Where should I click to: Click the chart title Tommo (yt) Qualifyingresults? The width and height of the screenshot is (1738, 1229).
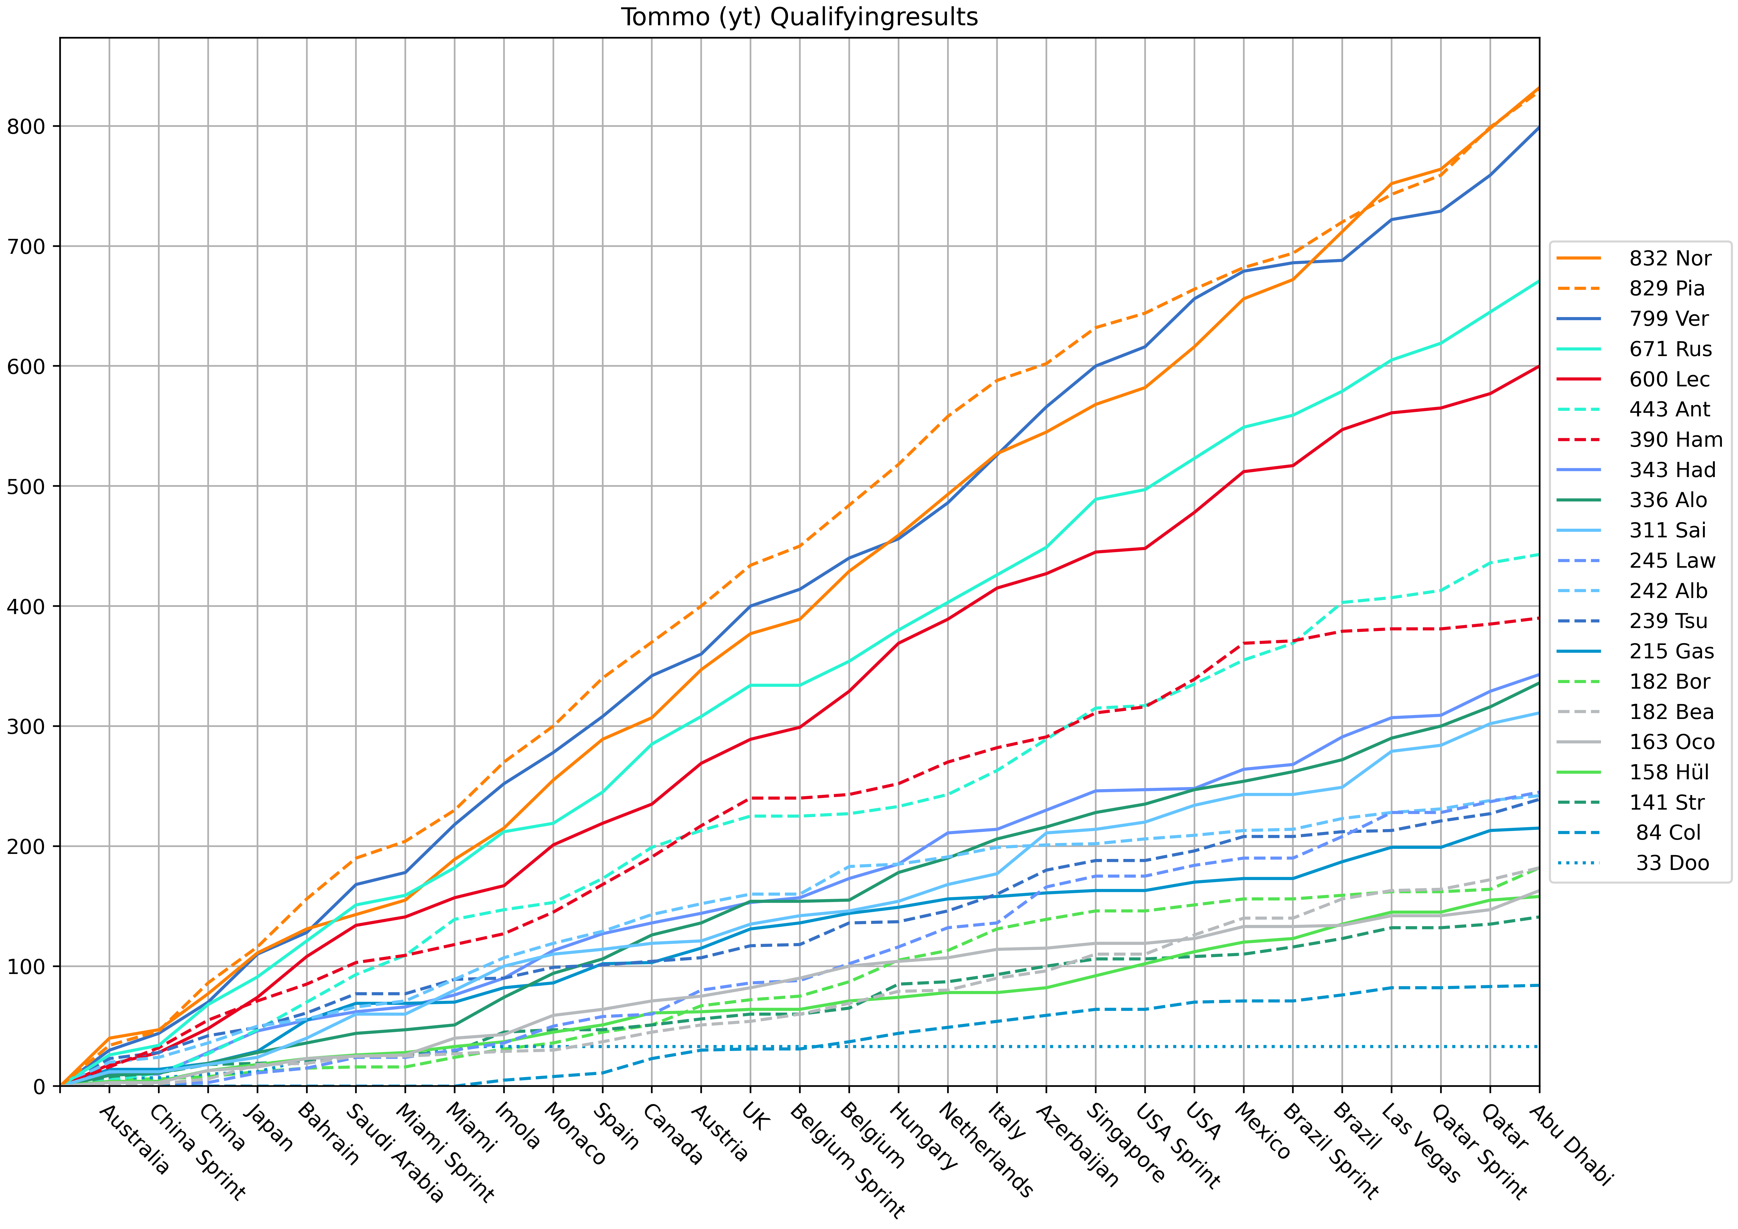pyautogui.click(x=799, y=17)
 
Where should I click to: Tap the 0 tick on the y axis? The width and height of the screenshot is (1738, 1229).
pyautogui.click(x=39, y=1087)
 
